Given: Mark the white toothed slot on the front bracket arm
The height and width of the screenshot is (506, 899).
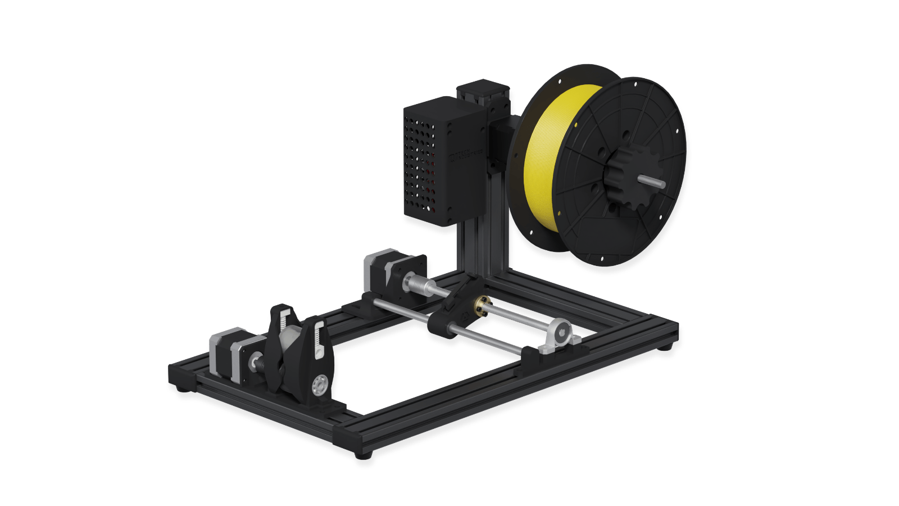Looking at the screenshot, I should tap(319, 337).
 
